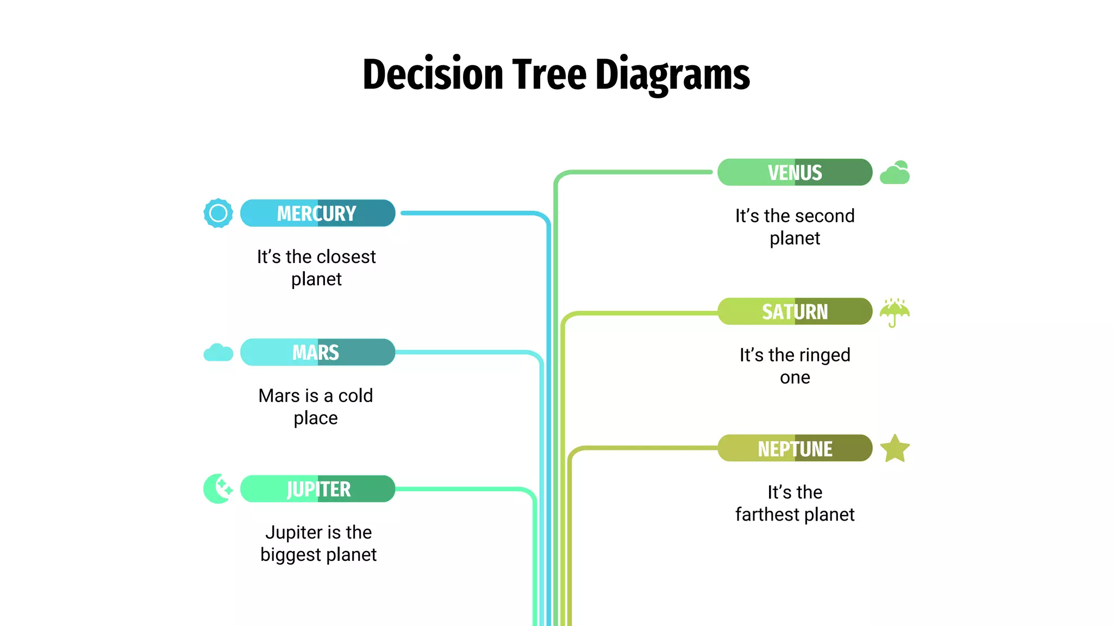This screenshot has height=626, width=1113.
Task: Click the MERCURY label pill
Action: pyautogui.click(x=317, y=213)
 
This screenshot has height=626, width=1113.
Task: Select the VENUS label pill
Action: pyautogui.click(x=795, y=172)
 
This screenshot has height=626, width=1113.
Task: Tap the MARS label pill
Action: pyautogui.click(x=317, y=352)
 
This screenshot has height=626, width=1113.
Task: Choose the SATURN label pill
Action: pyautogui.click(x=795, y=311)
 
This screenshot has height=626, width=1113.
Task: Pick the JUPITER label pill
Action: pyautogui.click(x=317, y=489)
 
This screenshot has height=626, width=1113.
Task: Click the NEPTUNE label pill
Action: pyautogui.click(x=795, y=448)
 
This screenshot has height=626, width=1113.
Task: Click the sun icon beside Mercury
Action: pyautogui.click(x=218, y=213)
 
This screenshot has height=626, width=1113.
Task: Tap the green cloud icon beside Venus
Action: pyautogui.click(x=895, y=173)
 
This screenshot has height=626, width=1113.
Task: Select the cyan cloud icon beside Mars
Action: pyautogui.click(x=218, y=353)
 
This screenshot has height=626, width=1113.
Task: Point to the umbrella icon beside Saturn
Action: pyautogui.click(x=895, y=312)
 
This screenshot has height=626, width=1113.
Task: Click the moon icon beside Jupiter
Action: pyautogui.click(x=218, y=489)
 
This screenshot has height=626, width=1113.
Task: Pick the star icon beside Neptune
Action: pyautogui.click(x=895, y=449)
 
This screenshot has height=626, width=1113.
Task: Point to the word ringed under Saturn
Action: pyautogui.click(x=823, y=355)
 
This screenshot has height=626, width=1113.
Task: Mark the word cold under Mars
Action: pyautogui.click(x=355, y=396)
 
